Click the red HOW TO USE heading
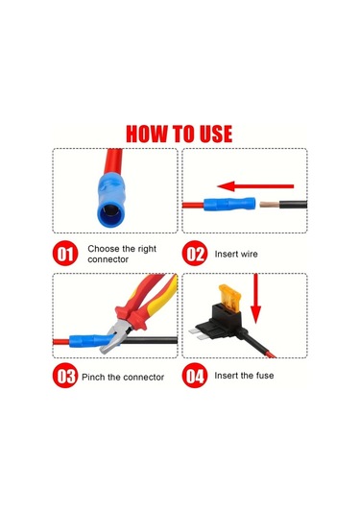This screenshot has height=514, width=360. click(x=180, y=132)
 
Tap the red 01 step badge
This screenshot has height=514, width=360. click(x=65, y=254)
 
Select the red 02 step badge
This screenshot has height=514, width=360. click(x=196, y=254)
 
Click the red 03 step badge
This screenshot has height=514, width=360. click(x=65, y=376)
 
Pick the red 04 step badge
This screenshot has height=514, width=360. click(x=196, y=376)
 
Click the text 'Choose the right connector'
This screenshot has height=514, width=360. click(x=121, y=254)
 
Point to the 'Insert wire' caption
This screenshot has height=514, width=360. click(x=235, y=254)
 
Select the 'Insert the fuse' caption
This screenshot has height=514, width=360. click(x=244, y=376)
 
